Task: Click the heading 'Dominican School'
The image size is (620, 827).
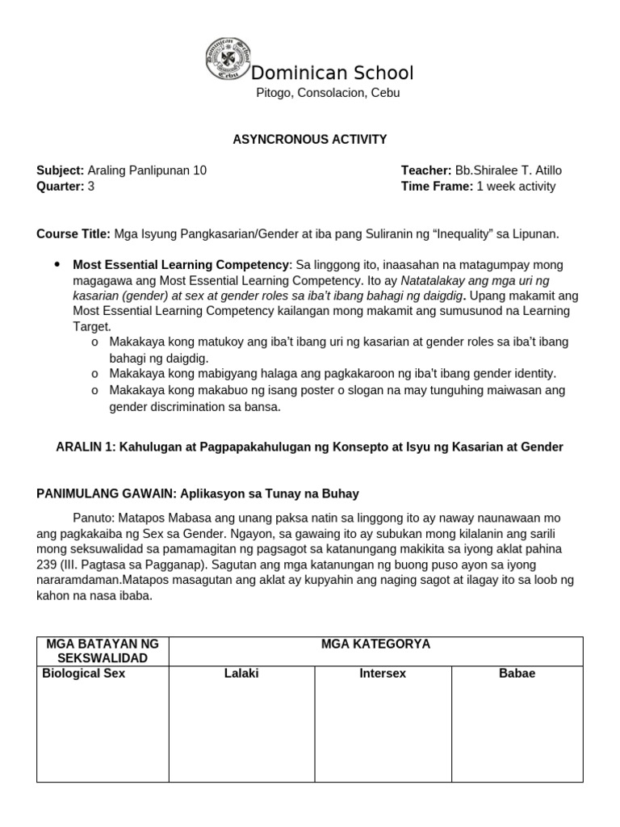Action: [x=333, y=73]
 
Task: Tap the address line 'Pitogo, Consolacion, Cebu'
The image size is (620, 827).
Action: [x=328, y=93]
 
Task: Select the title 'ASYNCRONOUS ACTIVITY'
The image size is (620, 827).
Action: [x=309, y=140]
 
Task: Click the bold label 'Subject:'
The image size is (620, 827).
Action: [x=61, y=170]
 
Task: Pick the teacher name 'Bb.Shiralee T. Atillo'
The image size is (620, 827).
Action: [x=509, y=170]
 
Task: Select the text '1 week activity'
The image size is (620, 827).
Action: [x=516, y=187]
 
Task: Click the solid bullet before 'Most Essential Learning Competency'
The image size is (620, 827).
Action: [x=57, y=264]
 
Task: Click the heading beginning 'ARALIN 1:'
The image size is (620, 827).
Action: [x=309, y=447]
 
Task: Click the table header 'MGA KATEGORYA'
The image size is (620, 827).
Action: [x=375, y=644]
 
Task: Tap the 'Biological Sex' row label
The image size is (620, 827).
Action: [x=83, y=674]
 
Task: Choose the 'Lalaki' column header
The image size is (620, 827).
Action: [x=241, y=674]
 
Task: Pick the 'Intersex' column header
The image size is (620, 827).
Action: [x=383, y=674]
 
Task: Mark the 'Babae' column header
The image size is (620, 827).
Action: [x=517, y=674]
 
